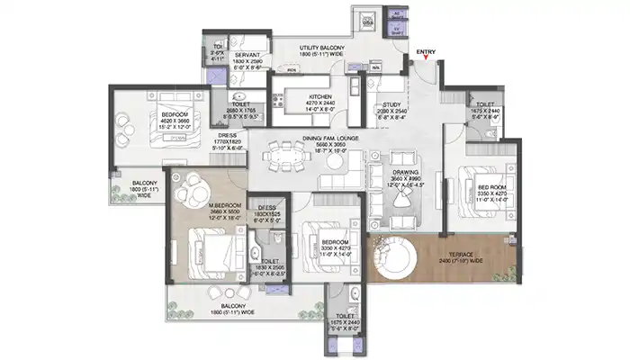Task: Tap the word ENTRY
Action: coord(427,52)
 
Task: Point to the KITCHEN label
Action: coord(320,95)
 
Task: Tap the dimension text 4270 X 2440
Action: coord(320,103)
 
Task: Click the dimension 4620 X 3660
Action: coord(170,121)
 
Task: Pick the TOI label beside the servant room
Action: coord(217,48)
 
